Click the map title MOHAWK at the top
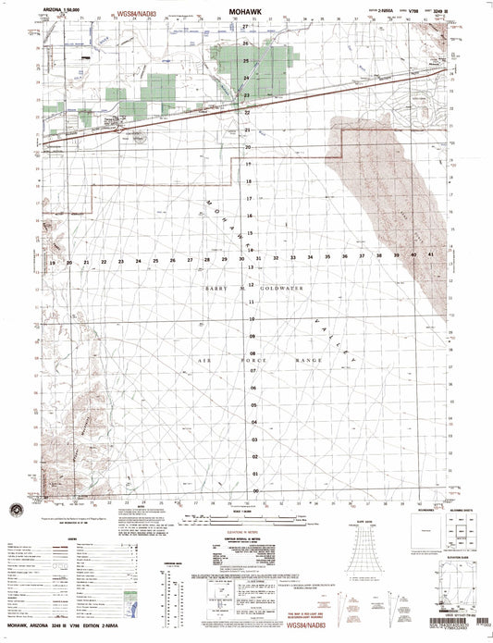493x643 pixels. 247,15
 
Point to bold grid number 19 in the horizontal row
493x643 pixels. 53,263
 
